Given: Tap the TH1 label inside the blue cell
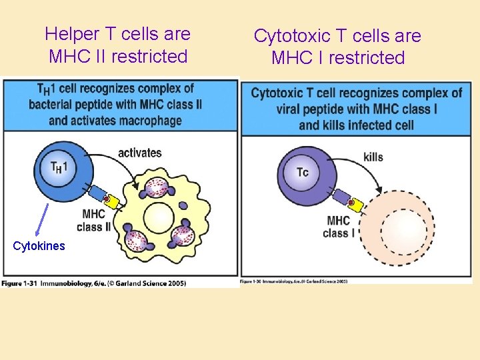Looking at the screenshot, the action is click(59, 167).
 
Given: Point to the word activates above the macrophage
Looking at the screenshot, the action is click(139, 153).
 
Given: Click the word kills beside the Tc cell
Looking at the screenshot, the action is click(373, 157).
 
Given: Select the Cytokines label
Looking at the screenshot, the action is click(39, 246).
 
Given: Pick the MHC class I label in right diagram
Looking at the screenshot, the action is click(339, 227).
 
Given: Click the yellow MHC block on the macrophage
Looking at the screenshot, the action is click(112, 203).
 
